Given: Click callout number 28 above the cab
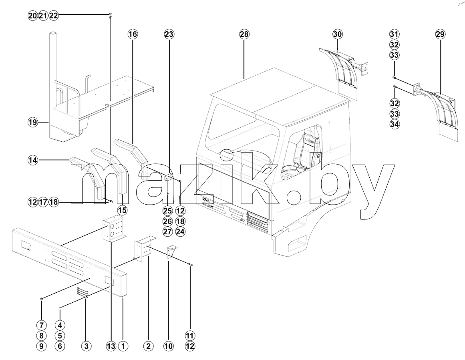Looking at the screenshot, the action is click(244, 34).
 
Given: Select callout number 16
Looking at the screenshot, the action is click(133, 34).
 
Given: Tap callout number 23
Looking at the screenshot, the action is click(169, 34).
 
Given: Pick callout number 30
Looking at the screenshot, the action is click(338, 34).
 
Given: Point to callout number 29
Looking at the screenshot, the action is click(440, 34).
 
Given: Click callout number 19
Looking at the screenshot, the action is click(33, 122).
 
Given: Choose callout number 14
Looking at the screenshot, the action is click(33, 161).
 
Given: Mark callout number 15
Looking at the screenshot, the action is click(122, 210).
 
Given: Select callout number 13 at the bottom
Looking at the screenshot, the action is click(111, 346).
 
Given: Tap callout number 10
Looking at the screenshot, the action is click(168, 346).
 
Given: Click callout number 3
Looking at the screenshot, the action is click(86, 346).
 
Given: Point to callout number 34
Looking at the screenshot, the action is click(395, 124).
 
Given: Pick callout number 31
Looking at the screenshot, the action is click(395, 34).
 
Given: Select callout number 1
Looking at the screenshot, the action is click(123, 346).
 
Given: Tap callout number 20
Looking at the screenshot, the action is click(33, 16).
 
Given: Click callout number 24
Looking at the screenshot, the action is click(180, 231).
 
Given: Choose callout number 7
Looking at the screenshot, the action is click(41, 325).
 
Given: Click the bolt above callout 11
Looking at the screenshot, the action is click(190, 265).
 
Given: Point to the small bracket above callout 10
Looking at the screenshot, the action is click(171, 253).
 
